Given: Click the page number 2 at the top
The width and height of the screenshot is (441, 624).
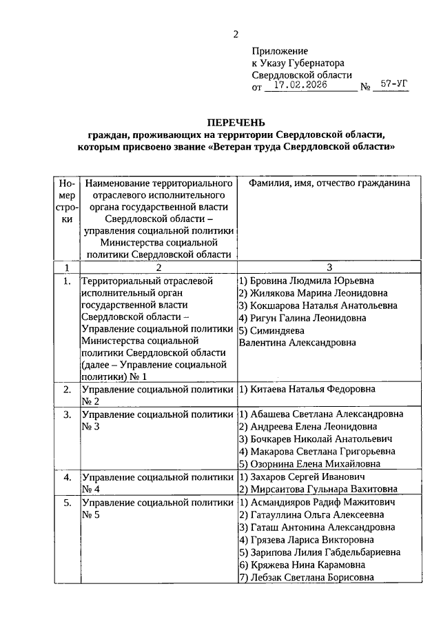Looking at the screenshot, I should click(x=235, y=35).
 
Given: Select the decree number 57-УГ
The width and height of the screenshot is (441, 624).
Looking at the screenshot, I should click(x=394, y=85).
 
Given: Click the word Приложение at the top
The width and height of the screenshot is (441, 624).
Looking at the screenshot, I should click(x=280, y=51).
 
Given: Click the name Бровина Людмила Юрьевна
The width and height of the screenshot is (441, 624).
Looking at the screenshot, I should click(x=307, y=281).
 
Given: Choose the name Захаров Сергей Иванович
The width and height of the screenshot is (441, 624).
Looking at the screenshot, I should click(x=301, y=477).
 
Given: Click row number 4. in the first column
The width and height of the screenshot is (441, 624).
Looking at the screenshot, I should click(x=67, y=477).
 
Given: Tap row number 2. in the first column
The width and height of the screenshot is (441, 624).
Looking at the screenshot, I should click(x=67, y=390).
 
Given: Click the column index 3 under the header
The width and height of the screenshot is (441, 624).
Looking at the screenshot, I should click(x=329, y=267).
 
